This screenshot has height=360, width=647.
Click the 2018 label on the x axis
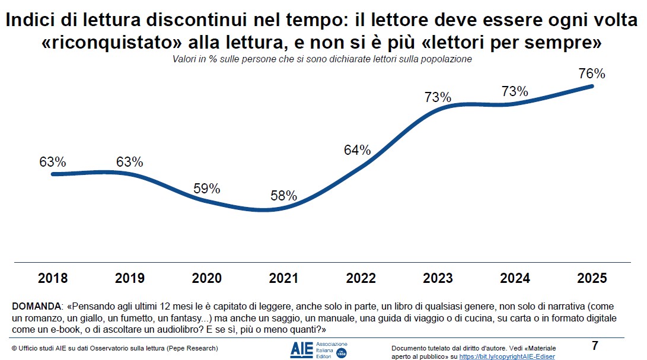(53, 278)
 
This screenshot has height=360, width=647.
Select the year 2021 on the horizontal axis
(284, 278)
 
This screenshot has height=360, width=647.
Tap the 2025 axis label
(591, 278)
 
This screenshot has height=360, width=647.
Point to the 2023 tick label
(438, 278)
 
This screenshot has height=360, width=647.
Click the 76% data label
(591, 74)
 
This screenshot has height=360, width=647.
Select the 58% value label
(284, 196)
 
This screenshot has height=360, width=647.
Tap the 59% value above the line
(207, 189)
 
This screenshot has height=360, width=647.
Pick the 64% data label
(357, 150)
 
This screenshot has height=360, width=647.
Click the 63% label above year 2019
(129, 162)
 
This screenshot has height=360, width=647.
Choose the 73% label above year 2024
(514, 91)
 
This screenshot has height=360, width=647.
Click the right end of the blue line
(592, 86)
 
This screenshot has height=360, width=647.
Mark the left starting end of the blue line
(53, 174)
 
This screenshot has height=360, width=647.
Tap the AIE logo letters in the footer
(301, 350)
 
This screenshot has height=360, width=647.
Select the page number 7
(595, 346)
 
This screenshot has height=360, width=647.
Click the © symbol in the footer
(14, 348)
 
